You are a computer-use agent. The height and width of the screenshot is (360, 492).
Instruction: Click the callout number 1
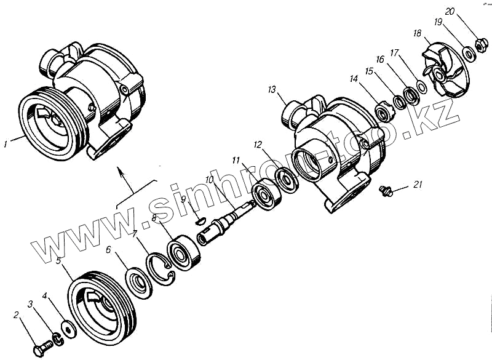pyautogui.click(x=6, y=145)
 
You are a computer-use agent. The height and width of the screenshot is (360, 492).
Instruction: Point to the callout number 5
pyautogui.click(x=58, y=261)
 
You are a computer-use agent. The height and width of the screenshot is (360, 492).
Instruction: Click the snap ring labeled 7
pyautogui.click(x=163, y=269)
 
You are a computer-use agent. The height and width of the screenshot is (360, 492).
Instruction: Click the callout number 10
pyautogui.click(x=209, y=180)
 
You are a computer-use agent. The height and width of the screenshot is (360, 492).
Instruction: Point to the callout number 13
pyautogui.click(x=271, y=90)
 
